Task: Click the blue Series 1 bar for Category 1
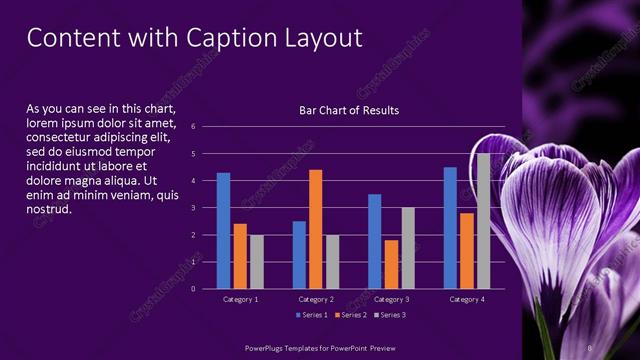click(x=223, y=231)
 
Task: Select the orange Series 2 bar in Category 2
click(x=316, y=229)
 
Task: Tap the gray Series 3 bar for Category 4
click(x=483, y=221)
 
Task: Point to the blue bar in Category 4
click(x=450, y=228)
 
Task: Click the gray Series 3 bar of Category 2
click(x=332, y=262)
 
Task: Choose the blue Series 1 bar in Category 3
click(x=375, y=241)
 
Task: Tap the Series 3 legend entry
click(x=391, y=315)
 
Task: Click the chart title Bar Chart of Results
click(x=349, y=110)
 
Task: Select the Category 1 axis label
click(x=240, y=299)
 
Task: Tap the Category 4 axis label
click(x=467, y=299)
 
